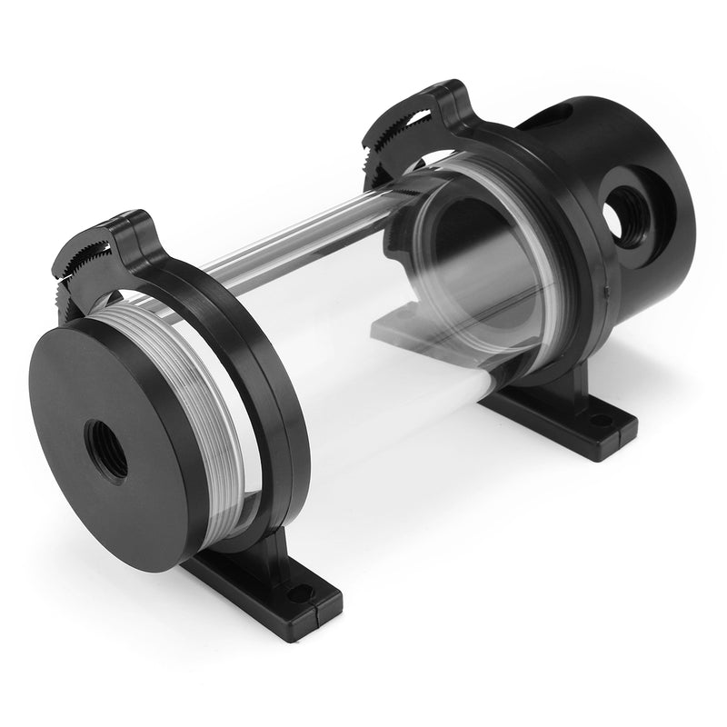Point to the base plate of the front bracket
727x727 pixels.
click(x=264, y=591)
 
